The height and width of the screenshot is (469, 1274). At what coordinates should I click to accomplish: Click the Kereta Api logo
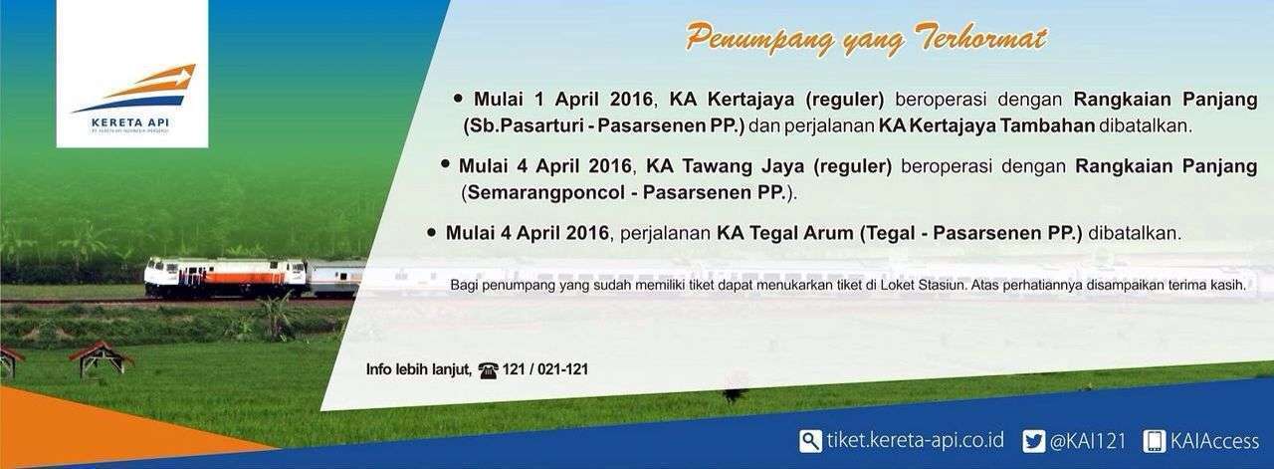132,98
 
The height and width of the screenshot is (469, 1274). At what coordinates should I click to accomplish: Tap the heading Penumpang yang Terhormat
866,40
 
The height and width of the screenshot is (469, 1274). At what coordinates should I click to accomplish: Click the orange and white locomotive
225,278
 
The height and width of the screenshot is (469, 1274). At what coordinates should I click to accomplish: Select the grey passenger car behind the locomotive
335,279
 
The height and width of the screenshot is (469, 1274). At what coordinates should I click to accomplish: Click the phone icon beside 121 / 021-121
488,370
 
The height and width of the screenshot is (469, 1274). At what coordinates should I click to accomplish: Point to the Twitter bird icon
1033,441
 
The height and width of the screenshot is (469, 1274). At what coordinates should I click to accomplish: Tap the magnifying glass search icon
810,441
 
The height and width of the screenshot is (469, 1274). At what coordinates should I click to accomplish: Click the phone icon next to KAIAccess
1154,441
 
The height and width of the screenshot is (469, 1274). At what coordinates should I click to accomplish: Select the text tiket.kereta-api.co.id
915,440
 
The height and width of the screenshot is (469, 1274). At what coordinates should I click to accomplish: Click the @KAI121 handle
1088,441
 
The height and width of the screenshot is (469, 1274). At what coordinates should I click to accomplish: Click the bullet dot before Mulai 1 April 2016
458,98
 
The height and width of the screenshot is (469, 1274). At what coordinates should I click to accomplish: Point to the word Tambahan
1048,125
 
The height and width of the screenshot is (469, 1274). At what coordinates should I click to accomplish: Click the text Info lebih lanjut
419,370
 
